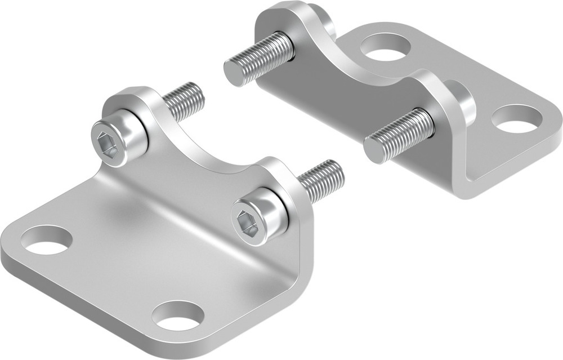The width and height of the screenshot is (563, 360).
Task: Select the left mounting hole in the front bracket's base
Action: click(x=47, y=239)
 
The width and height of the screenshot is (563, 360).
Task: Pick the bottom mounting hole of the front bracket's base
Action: click(x=178, y=316)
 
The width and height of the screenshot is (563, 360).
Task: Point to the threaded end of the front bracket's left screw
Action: click(x=185, y=101)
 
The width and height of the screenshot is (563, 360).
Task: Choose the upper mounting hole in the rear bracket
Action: click(x=385, y=47)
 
